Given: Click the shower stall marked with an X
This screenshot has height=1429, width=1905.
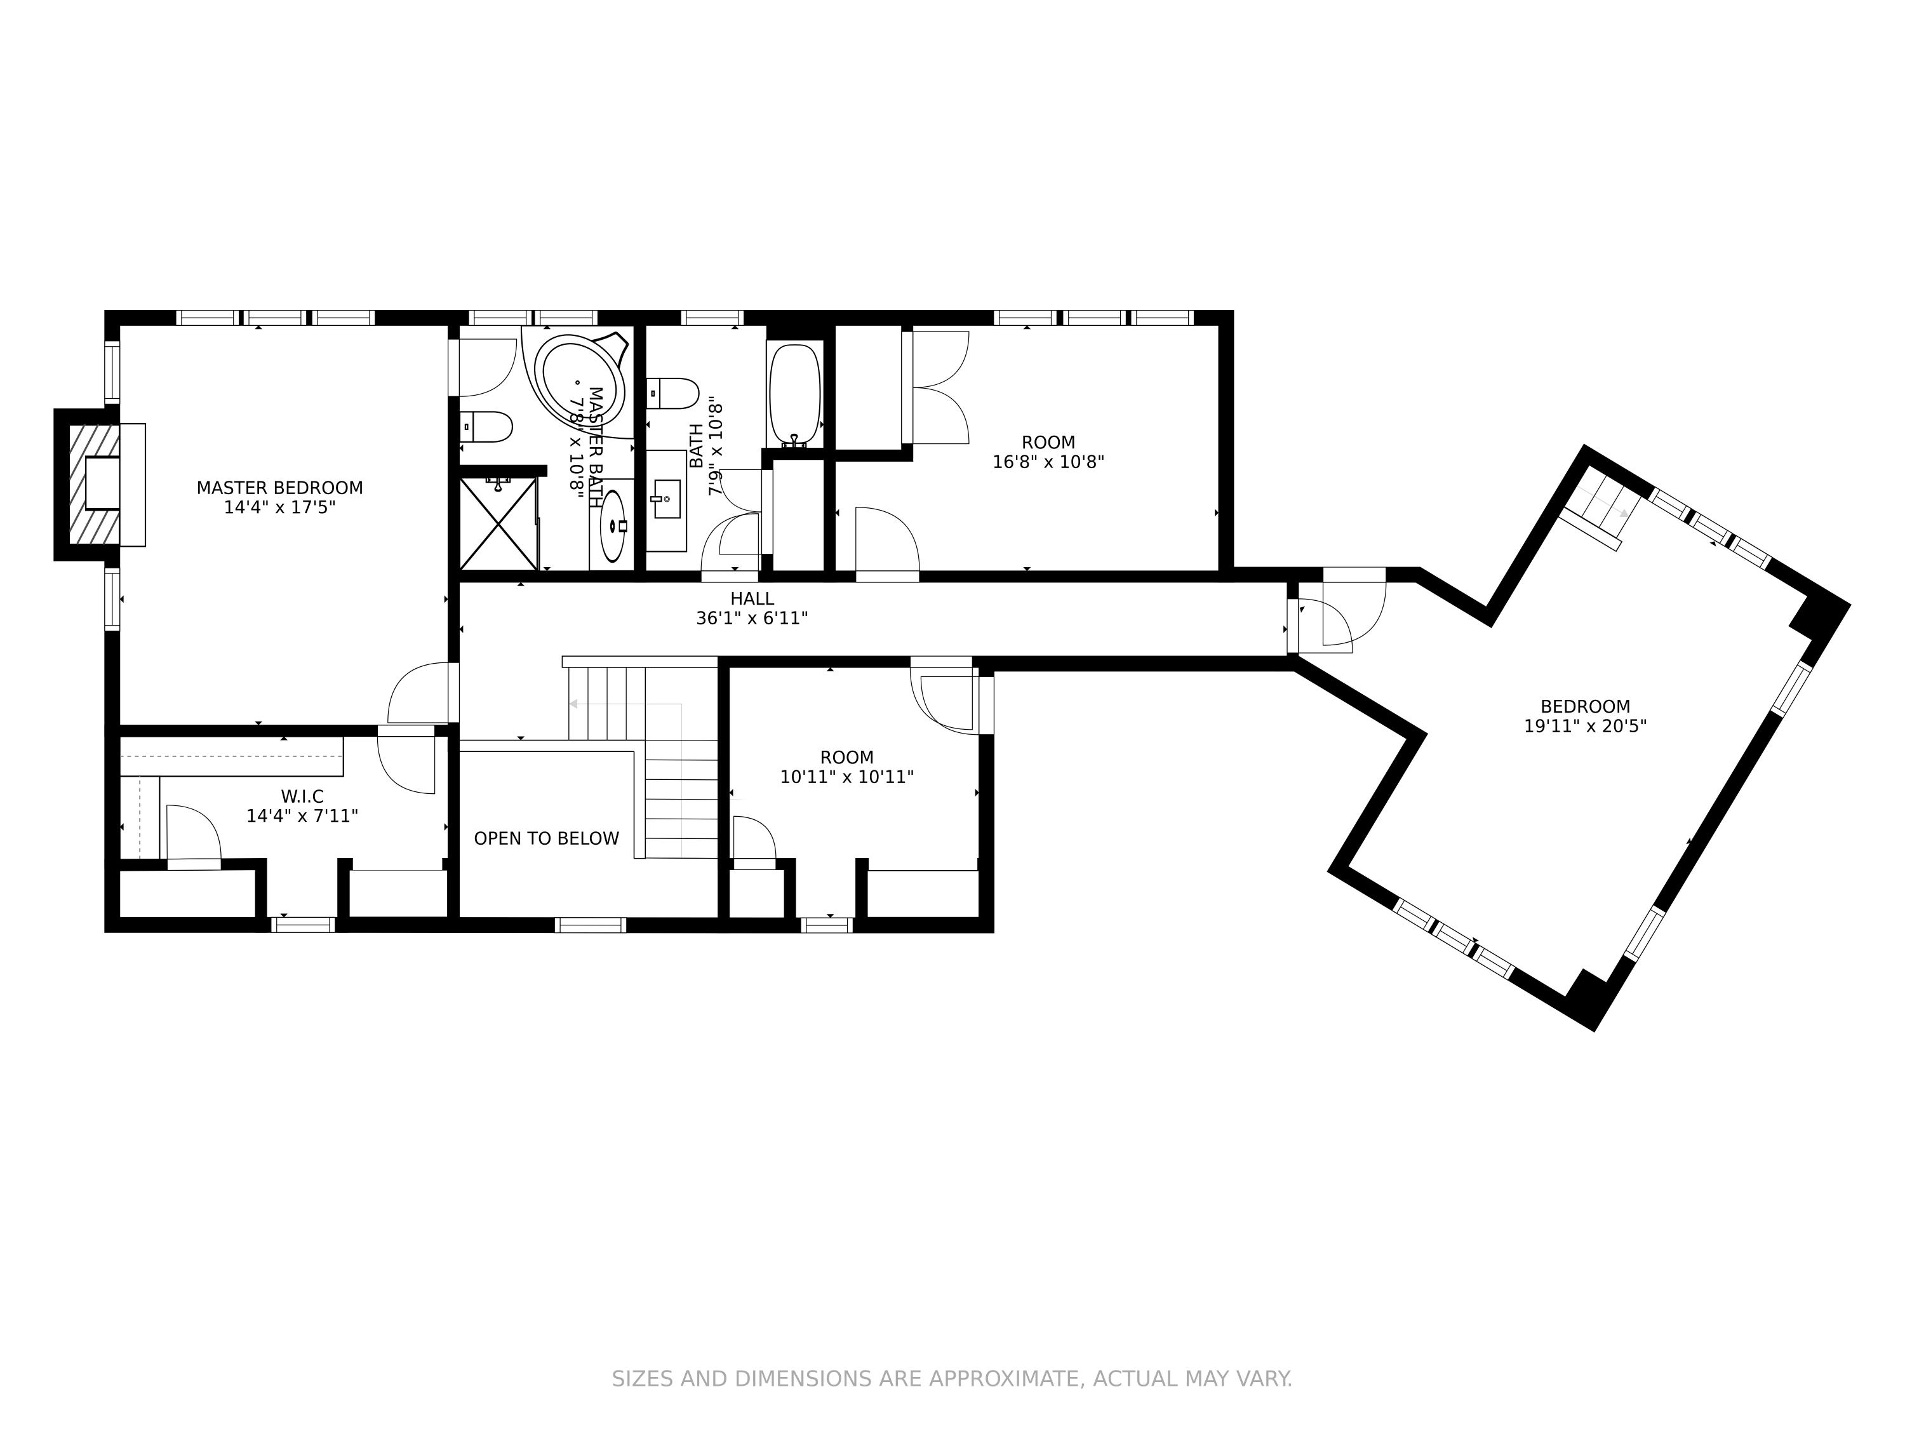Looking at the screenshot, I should (x=498, y=524).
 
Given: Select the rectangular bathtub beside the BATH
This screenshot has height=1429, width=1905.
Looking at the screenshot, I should (x=795, y=394).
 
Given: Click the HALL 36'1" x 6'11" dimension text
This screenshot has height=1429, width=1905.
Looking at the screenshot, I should (x=751, y=617).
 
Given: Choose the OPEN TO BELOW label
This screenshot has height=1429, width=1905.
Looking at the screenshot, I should (x=546, y=838).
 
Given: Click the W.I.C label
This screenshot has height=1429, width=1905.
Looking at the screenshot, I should (x=302, y=797).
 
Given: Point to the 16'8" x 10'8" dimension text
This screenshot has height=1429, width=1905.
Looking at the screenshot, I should (x=1048, y=462).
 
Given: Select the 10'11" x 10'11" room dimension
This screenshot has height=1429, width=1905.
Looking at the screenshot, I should (x=846, y=777).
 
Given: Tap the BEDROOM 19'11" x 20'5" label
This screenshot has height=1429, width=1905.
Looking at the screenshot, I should (x=1584, y=716).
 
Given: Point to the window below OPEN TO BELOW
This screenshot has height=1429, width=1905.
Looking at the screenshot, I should (x=590, y=925).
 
